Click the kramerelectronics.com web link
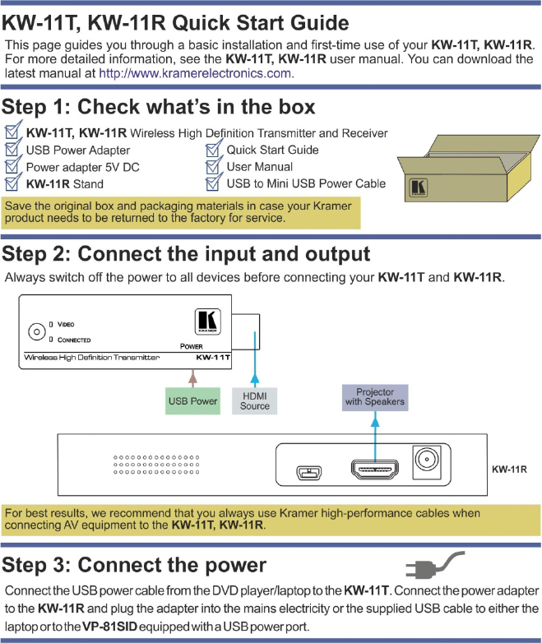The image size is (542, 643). pyautogui.click(x=196, y=73)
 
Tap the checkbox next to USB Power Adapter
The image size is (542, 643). pyautogui.click(x=12, y=150)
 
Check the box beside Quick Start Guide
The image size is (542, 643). pyautogui.click(x=214, y=150)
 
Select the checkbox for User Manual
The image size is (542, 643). pyautogui.click(x=214, y=167)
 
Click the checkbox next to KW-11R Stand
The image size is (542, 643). pyautogui.click(x=12, y=184)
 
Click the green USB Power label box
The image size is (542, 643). pyautogui.click(x=192, y=401)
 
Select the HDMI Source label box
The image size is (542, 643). pyautogui.click(x=255, y=401)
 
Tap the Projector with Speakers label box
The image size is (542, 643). pyautogui.click(x=375, y=398)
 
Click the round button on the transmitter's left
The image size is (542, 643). pyautogui.click(x=35, y=332)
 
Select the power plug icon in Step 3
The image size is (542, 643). pyautogui.click(x=434, y=567)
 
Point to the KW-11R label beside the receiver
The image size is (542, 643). pyautogui.click(x=509, y=470)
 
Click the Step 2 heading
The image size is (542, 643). pyautogui.click(x=186, y=253)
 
